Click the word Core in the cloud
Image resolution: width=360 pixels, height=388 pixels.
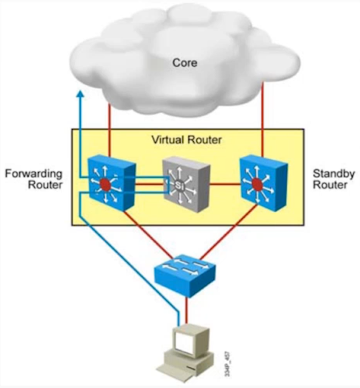185,63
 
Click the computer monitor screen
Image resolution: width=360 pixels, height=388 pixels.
184,341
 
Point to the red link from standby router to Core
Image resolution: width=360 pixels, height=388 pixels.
264,119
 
